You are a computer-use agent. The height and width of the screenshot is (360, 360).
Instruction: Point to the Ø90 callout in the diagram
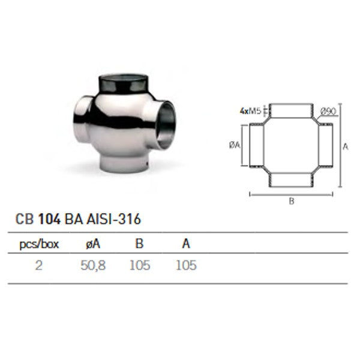[328, 110]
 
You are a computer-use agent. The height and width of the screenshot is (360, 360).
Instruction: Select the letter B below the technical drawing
[291, 202]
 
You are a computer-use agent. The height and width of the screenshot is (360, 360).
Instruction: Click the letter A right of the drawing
[346, 145]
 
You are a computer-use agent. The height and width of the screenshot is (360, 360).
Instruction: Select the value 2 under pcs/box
[38, 265]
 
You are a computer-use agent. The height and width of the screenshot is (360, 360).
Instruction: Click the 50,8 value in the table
[92, 265]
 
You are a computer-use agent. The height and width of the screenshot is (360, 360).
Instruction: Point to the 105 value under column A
[186, 265]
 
